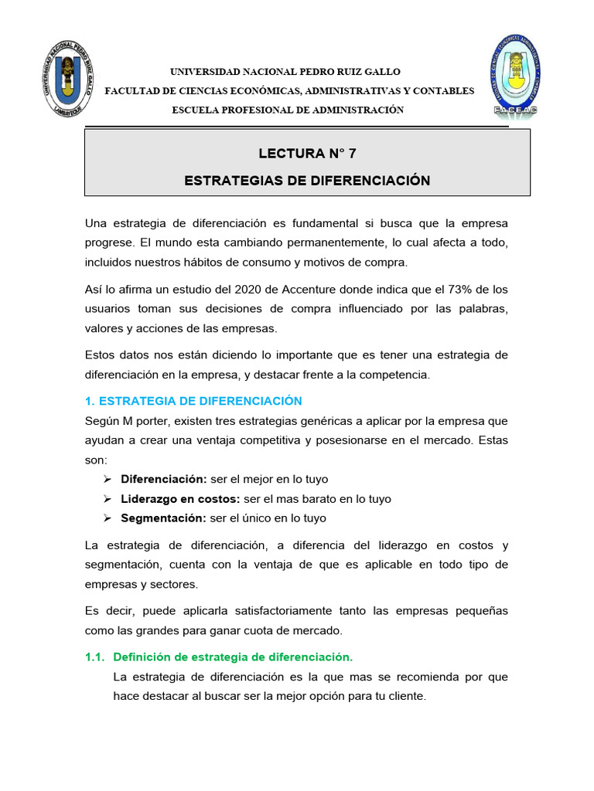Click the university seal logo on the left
pos(68,87)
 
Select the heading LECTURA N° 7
pos(307,153)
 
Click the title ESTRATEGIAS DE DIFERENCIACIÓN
pos(307,181)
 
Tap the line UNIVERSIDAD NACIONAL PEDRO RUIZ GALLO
pos(285,72)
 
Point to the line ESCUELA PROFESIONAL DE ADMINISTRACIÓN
pos(288,110)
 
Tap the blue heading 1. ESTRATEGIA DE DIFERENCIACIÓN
pos(193,401)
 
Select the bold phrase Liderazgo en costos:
pos(180,499)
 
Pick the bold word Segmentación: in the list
pos(163,518)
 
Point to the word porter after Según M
pos(155,421)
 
